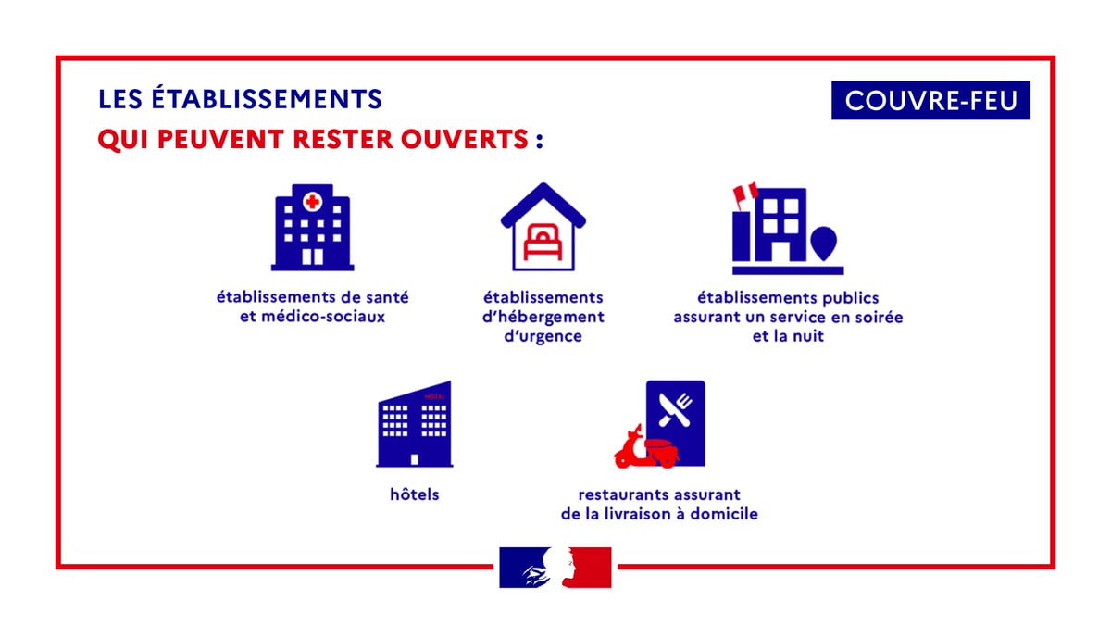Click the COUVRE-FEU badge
click(x=930, y=100)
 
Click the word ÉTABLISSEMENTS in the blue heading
click(x=267, y=98)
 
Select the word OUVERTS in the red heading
click(x=464, y=139)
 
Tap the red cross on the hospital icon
click(x=313, y=202)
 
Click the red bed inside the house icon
click(x=543, y=242)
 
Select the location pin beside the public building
click(x=824, y=243)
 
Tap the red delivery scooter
click(x=647, y=448)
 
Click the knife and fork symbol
click(x=675, y=409)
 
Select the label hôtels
click(x=415, y=494)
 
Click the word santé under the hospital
click(x=387, y=297)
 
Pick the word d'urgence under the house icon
click(x=543, y=336)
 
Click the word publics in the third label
click(x=851, y=298)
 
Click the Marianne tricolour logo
click(x=555, y=568)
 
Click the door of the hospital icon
click(x=313, y=257)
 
